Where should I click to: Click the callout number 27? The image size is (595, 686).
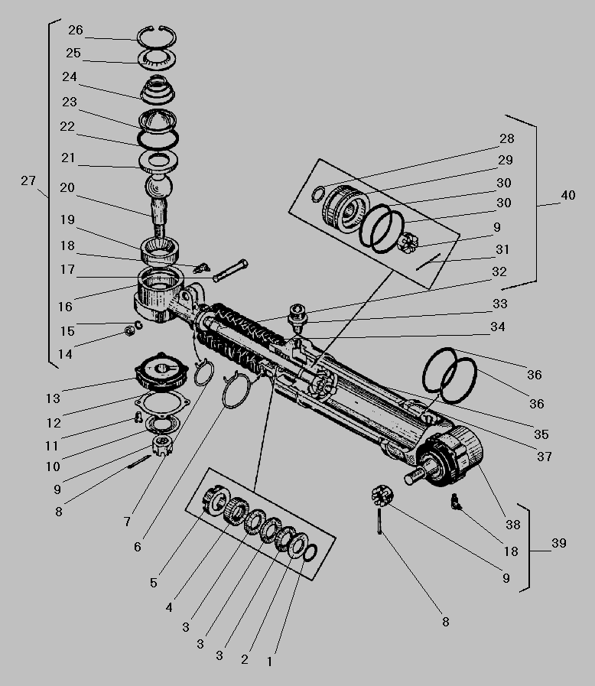coord(28,180)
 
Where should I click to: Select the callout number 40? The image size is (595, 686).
coord(567,195)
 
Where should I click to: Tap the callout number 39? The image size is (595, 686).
coord(559,543)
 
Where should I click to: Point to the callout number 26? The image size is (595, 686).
coord(75,30)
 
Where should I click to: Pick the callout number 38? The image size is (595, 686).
coord(512,525)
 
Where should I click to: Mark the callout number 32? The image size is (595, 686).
coord(499,271)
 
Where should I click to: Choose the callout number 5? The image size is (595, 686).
coord(154,583)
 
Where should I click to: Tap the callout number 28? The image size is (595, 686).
coord(506,139)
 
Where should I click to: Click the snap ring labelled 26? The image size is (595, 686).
coord(158,37)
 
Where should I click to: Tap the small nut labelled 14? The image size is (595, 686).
coord(130,331)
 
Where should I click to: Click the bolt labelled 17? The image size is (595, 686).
coord(230,270)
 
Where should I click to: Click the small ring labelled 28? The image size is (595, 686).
coord(319,194)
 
